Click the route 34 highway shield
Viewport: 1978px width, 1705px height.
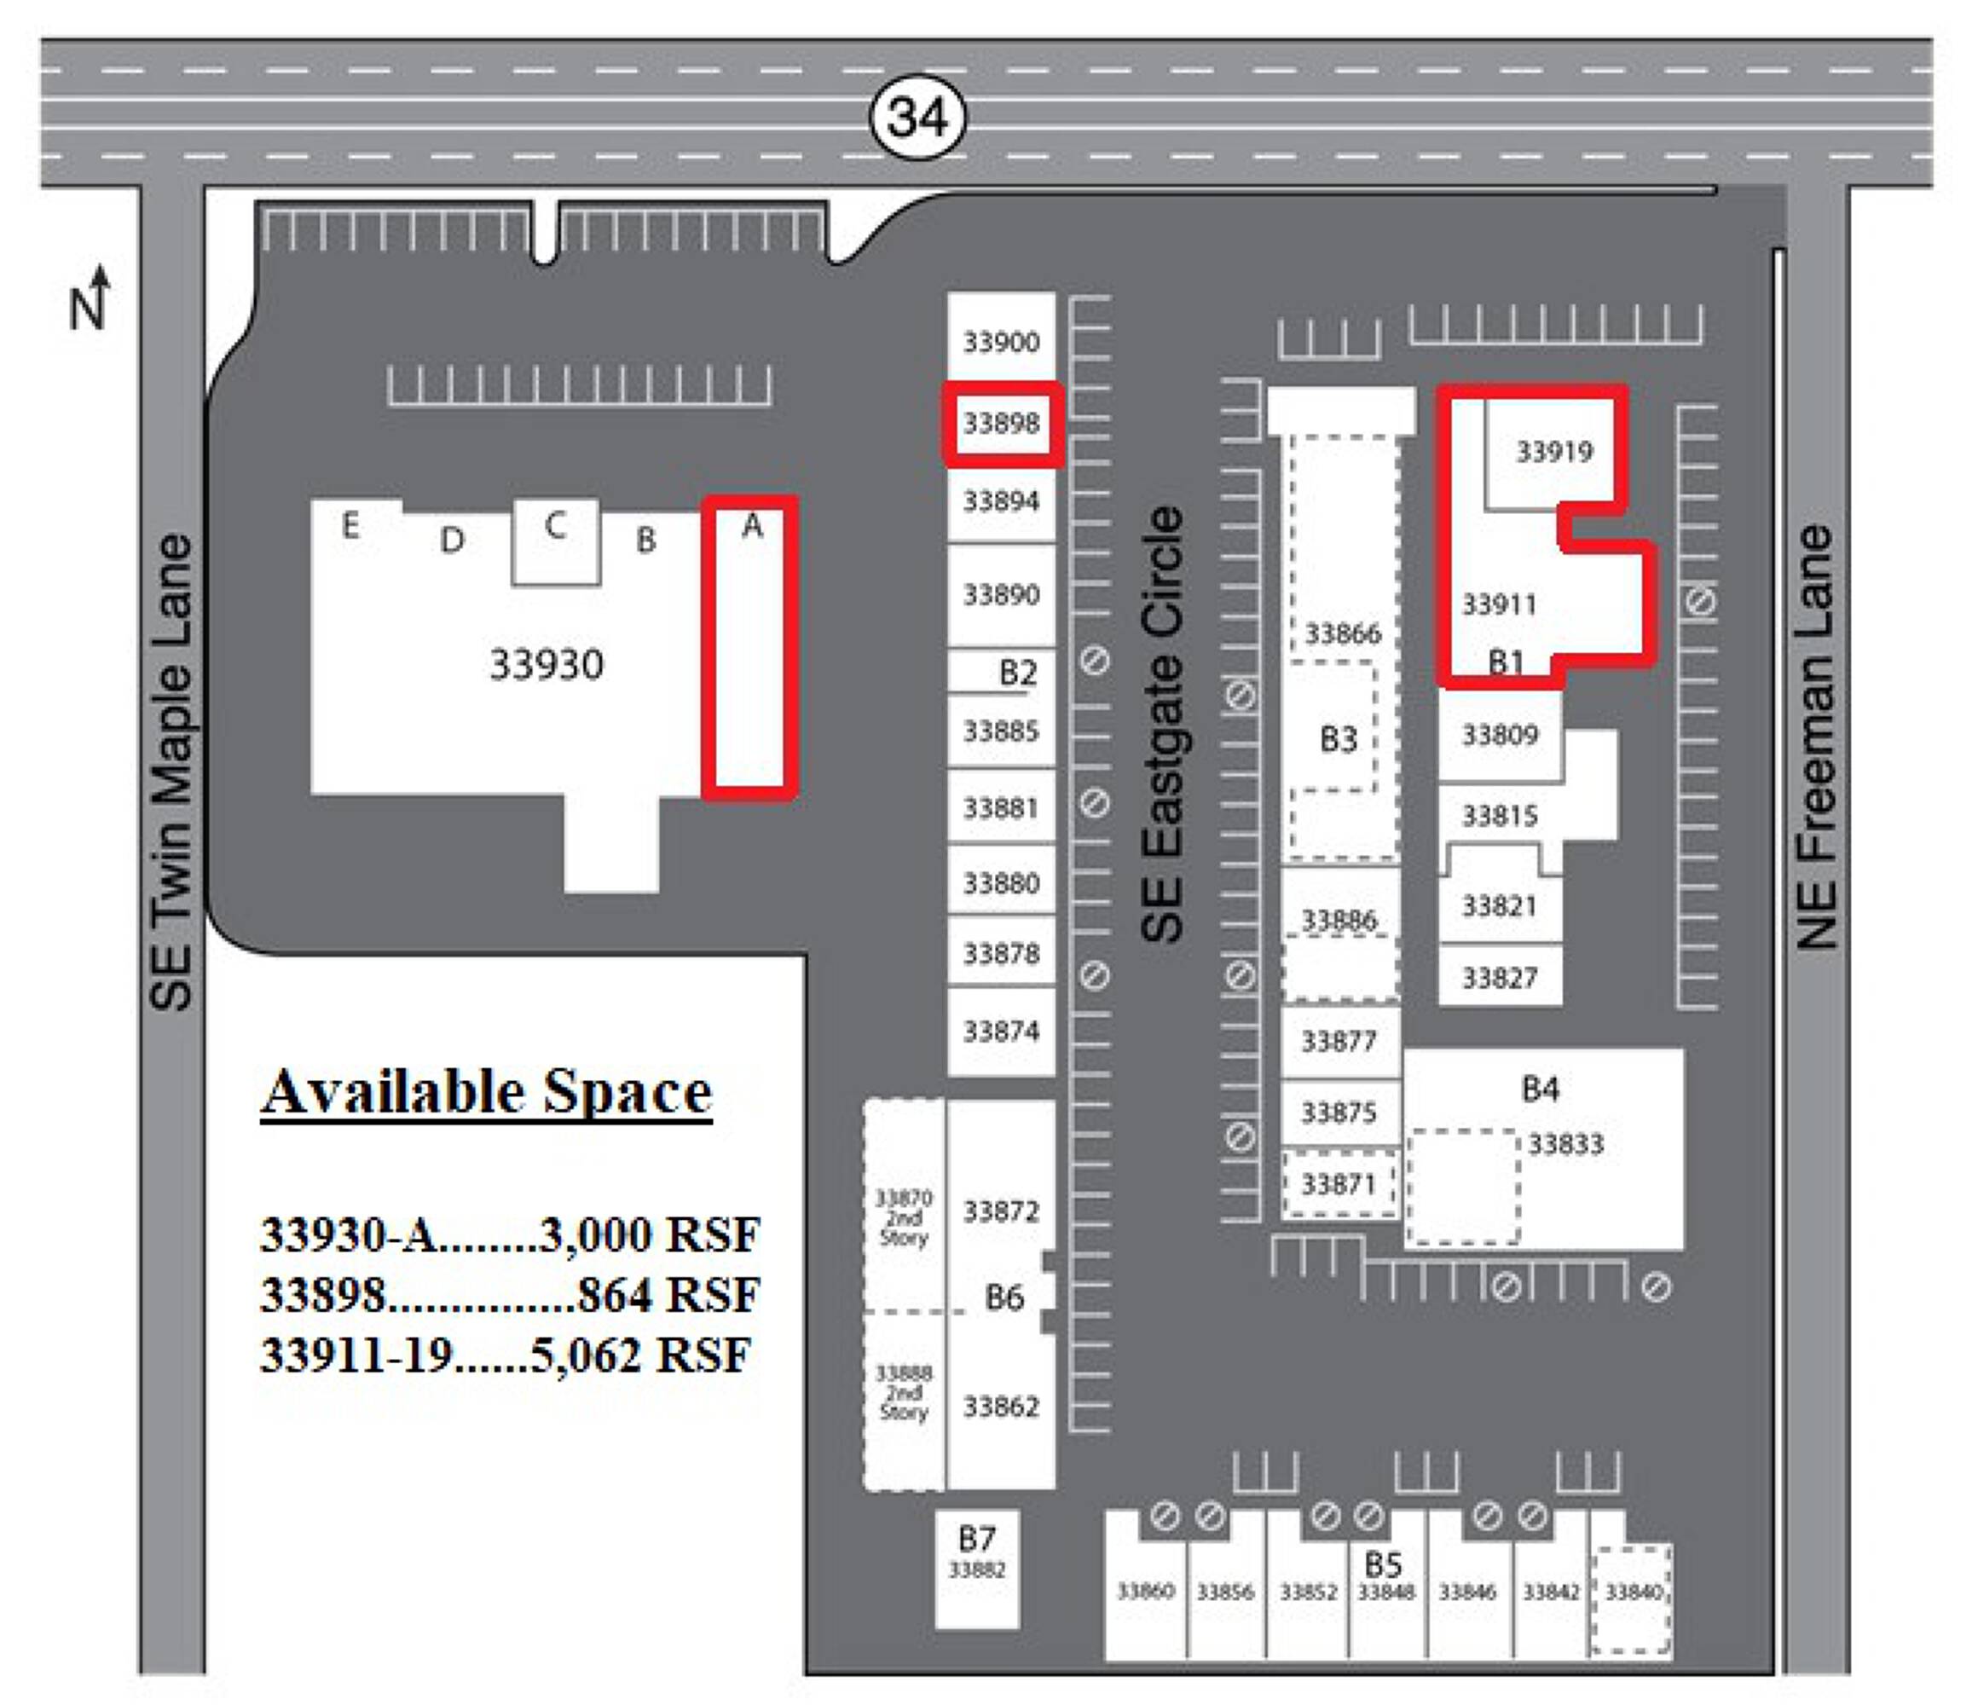pos(917,118)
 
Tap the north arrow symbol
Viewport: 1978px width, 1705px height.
pos(90,297)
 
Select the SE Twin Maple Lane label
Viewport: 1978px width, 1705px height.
pos(172,772)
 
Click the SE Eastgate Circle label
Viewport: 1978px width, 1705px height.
pos(1163,724)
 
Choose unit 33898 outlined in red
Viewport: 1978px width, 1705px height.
pos(1002,423)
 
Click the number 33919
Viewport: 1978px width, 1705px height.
pos(1554,452)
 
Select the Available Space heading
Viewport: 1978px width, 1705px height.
pos(487,1092)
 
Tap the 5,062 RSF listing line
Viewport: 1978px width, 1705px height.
pos(506,1355)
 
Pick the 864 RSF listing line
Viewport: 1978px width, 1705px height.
pos(510,1294)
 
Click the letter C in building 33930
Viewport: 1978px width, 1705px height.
pos(555,525)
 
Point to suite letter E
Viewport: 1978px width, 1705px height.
pos(350,525)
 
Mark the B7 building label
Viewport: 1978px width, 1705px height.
pos(976,1538)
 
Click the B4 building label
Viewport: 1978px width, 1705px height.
pos(1540,1089)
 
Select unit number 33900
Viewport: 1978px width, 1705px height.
pos(1000,342)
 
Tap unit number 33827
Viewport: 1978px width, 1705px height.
pos(1500,978)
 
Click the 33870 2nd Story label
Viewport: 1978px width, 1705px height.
pos(903,1217)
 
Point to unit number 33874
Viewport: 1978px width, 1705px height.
pos(1000,1031)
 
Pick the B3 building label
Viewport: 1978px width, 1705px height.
pos(1338,739)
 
